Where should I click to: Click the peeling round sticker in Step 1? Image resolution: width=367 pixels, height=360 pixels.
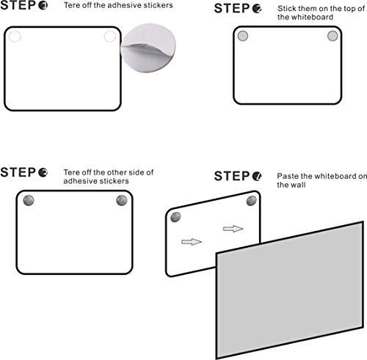[x=148, y=48]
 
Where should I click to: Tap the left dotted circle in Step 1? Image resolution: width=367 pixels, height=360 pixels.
[x=15, y=37]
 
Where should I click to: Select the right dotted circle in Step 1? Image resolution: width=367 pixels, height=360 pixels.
[x=110, y=37]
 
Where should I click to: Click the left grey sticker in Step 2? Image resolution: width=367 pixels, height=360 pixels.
[x=243, y=36]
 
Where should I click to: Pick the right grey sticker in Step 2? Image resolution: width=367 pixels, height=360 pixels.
[x=333, y=36]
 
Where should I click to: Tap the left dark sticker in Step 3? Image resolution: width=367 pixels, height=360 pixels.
[x=29, y=200]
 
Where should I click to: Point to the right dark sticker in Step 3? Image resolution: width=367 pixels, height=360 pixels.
[x=122, y=200]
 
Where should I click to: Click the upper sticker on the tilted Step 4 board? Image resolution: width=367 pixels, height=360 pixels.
[x=251, y=201]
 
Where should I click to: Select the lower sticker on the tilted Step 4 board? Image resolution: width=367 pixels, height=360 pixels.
[x=175, y=217]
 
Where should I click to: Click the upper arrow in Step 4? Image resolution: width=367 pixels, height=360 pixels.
[x=233, y=229]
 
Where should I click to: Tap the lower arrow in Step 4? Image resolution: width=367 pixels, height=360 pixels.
[x=192, y=242]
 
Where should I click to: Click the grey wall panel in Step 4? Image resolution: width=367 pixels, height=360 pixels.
[x=290, y=290]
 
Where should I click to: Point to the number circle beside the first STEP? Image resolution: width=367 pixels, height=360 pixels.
[x=43, y=5]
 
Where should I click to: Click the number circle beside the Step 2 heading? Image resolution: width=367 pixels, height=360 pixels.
[x=257, y=9]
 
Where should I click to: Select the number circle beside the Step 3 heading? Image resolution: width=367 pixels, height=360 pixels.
[x=43, y=172]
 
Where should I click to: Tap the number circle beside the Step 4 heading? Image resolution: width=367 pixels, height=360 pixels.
[x=257, y=176]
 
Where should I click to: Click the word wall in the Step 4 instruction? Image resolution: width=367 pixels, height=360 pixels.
[x=298, y=185]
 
